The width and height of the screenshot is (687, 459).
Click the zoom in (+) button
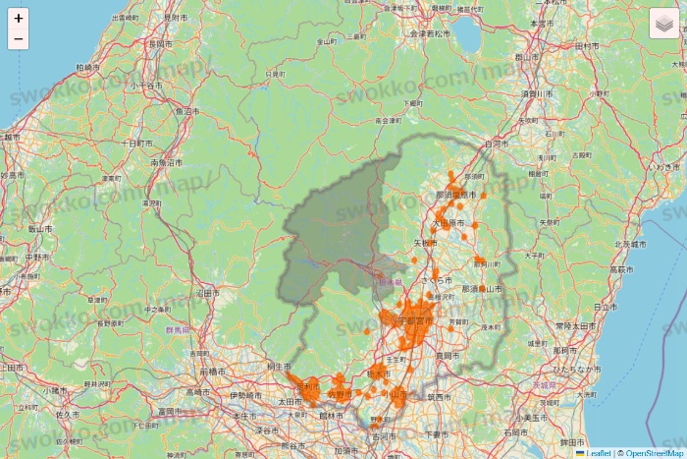point(18,18)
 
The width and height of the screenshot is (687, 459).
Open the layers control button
point(662,24)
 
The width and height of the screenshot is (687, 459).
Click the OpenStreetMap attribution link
point(655,453)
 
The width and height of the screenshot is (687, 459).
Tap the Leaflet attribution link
point(596,453)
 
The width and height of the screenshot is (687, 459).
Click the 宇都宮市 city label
point(414,320)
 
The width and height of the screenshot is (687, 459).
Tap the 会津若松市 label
point(430,33)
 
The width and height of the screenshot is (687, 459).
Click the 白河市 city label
point(498,143)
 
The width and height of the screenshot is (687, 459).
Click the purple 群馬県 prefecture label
point(179,330)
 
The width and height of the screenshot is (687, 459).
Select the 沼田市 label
point(204,293)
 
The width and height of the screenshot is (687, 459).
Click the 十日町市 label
point(132,143)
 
